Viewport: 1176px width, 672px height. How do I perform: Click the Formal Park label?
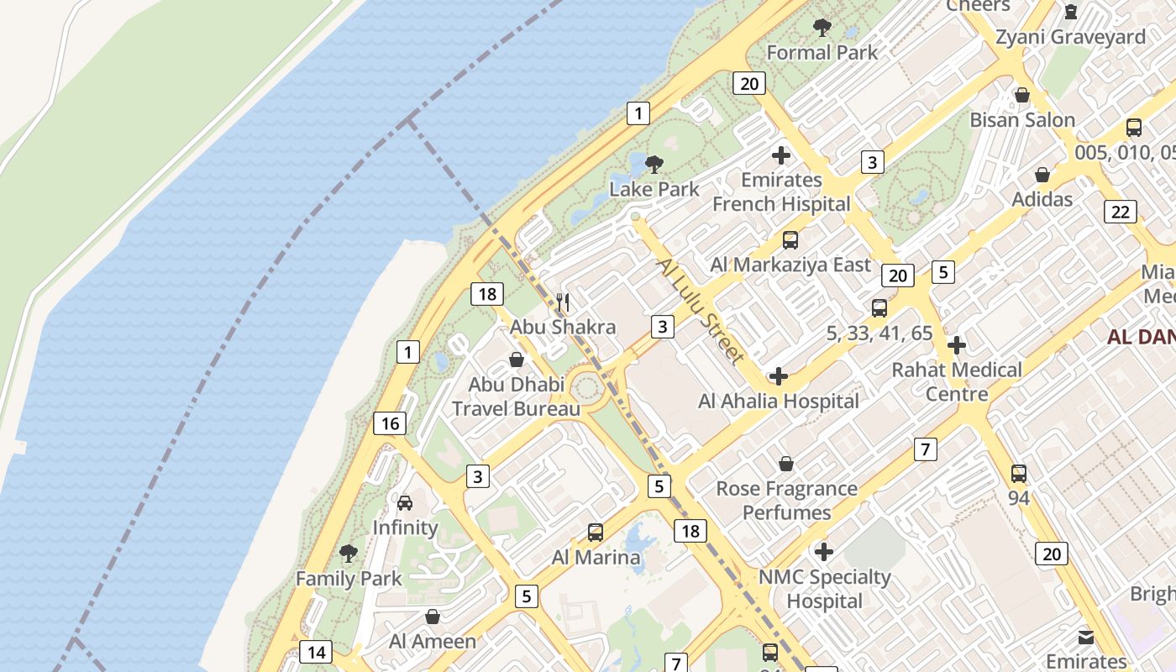[822, 52]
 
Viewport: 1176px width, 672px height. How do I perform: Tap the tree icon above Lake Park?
[654, 164]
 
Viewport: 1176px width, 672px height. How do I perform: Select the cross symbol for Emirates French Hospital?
[781, 155]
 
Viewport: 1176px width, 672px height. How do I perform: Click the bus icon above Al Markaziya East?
[790, 240]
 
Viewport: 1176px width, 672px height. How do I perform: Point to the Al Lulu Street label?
[701, 311]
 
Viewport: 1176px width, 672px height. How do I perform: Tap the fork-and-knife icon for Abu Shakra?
[564, 302]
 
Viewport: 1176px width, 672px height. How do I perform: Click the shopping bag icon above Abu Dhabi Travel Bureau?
[516, 360]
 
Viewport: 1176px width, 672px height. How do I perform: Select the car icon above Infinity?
[405, 503]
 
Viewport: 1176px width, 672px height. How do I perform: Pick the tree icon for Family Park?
[349, 554]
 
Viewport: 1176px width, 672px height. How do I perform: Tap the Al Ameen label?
[432, 641]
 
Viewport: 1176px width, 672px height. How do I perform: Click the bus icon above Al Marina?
[596, 533]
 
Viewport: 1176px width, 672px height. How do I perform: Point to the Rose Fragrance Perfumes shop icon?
[786, 464]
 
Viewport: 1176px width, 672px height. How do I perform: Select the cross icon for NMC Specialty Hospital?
[824, 552]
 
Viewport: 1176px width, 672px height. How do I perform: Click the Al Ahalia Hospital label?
[779, 402]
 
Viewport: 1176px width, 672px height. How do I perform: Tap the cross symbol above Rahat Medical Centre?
[956, 345]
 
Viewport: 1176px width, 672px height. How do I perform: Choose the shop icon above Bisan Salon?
[1022, 95]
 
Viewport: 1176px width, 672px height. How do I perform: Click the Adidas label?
[1042, 199]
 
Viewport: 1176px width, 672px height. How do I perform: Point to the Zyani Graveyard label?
[1070, 37]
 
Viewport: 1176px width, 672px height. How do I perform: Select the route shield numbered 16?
[390, 423]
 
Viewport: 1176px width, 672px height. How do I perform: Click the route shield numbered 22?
[1121, 212]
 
